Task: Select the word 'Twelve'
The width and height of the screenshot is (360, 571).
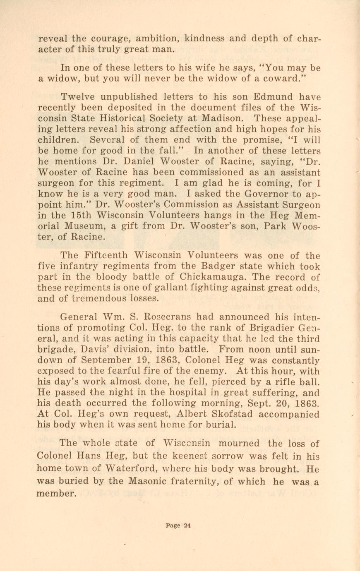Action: [78, 97]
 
